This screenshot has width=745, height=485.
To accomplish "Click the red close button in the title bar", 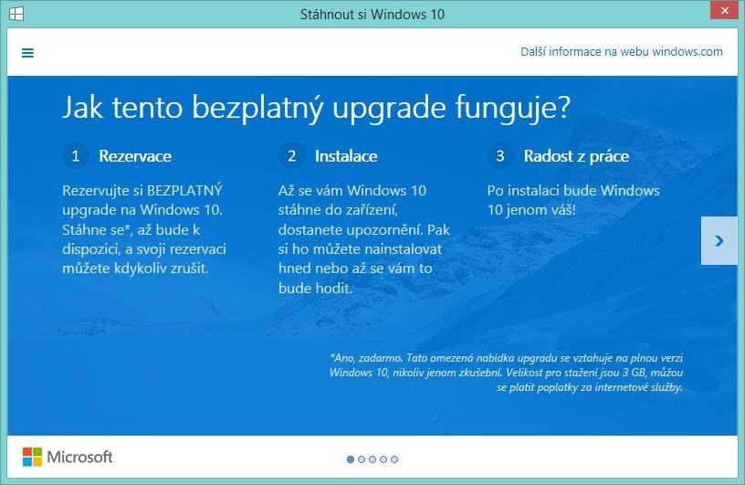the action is tap(725, 10).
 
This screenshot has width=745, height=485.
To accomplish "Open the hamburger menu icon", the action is tap(27, 53).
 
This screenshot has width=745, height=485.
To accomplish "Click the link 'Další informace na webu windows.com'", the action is tap(622, 51).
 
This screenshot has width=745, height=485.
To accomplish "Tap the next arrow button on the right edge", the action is tap(719, 240).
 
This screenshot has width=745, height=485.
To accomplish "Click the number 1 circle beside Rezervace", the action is tap(76, 155).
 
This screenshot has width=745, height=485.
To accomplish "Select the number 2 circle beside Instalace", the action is tap(292, 155).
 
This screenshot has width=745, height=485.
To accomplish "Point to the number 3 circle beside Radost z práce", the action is tap(499, 155).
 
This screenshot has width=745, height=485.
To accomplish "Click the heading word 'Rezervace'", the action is tap(135, 156).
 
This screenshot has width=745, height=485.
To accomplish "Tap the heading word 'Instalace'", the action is tap(346, 156).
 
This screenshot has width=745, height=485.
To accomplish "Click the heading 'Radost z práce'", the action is tap(576, 156).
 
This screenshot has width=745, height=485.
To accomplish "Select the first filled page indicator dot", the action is tap(351, 459).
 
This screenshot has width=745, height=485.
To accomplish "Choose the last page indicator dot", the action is tap(394, 459).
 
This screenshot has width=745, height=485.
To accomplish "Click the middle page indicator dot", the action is tap(372, 459).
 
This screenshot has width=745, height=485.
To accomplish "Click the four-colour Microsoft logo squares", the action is tap(32, 457).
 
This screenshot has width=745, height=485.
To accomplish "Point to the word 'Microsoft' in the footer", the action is tap(79, 457).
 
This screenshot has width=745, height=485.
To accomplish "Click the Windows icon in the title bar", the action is tap(16, 14).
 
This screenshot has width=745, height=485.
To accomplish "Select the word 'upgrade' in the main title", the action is tap(389, 108).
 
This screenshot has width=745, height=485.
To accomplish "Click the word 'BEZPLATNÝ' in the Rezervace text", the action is tap(184, 191).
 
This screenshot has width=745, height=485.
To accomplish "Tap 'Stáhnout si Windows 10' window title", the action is tap(372, 15).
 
